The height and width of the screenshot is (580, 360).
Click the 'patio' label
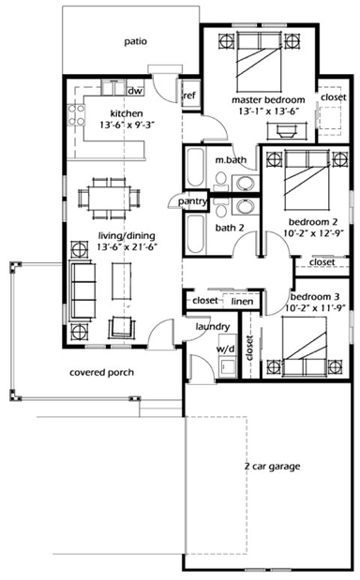[x=137, y=41]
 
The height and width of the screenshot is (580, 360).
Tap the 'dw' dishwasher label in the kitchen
[x=134, y=91]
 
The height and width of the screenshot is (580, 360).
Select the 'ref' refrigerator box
[x=188, y=95]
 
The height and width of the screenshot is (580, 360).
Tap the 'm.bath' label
[x=230, y=160]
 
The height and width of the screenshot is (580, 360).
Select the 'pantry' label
[x=192, y=201]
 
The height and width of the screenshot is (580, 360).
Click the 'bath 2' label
[x=229, y=227]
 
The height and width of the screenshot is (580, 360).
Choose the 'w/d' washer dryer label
[x=225, y=349]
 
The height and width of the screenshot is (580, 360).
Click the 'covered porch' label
[x=101, y=372]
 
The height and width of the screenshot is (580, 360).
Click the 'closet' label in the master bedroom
[x=333, y=97]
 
